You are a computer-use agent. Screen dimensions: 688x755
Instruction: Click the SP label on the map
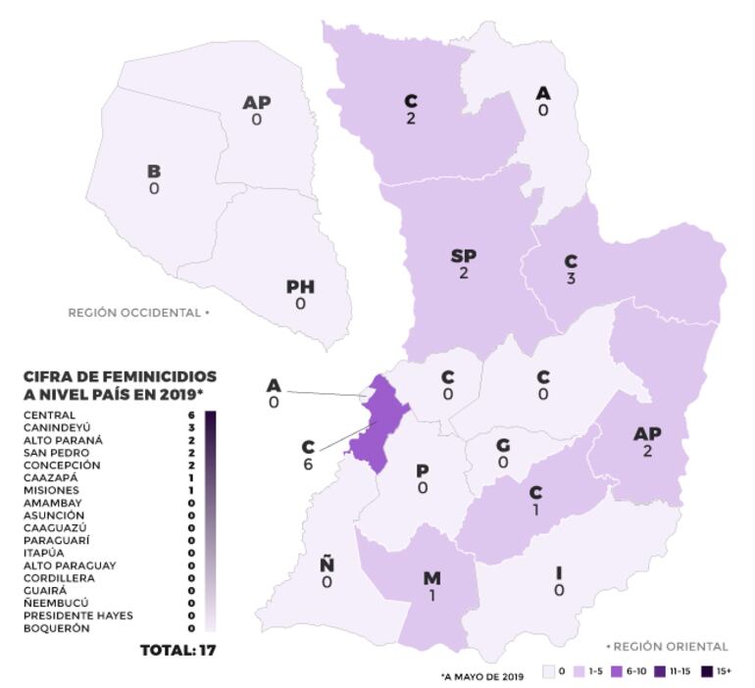tap(463, 256)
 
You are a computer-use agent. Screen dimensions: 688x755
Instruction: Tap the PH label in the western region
tap(300, 286)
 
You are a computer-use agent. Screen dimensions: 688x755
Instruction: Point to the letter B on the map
tap(154, 172)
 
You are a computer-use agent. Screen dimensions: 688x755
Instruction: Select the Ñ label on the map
tap(327, 565)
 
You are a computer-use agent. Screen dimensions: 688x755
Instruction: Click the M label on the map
tap(431, 578)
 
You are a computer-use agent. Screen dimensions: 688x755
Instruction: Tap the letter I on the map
tap(558, 572)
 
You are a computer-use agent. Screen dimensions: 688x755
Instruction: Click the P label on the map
tap(423, 470)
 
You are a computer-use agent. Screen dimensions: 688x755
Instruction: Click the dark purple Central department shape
tap(377, 431)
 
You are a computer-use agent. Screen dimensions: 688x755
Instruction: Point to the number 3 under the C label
tap(571, 279)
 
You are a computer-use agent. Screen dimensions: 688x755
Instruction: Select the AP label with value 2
tap(647, 433)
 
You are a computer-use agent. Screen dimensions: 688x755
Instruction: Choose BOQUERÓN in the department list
tap(56, 628)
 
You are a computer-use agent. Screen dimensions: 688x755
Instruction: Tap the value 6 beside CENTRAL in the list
tap(190, 415)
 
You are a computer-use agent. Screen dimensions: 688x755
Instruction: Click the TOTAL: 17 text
tap(178, 651)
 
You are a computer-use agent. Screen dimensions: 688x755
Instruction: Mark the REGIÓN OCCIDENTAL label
tap(137, 313)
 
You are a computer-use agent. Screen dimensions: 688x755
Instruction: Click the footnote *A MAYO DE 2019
tap(482, 675)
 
